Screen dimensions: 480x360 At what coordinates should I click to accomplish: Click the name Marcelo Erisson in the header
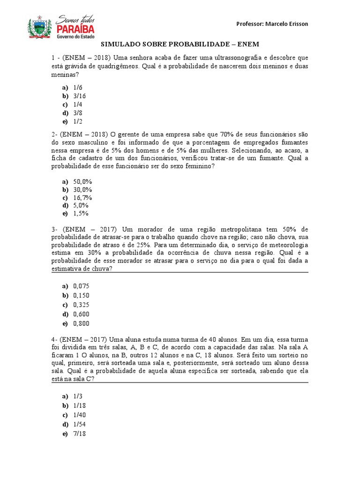291,24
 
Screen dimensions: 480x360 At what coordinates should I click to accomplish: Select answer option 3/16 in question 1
79,96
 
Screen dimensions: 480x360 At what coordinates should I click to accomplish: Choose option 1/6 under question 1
78,88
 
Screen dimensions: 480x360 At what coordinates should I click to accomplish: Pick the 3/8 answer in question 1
78,113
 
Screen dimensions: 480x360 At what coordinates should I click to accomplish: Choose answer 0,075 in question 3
81,286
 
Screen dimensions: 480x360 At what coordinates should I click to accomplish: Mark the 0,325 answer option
81,305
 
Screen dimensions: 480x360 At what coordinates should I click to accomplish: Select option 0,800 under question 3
81,323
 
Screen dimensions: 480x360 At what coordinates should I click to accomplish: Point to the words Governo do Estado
75,37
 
